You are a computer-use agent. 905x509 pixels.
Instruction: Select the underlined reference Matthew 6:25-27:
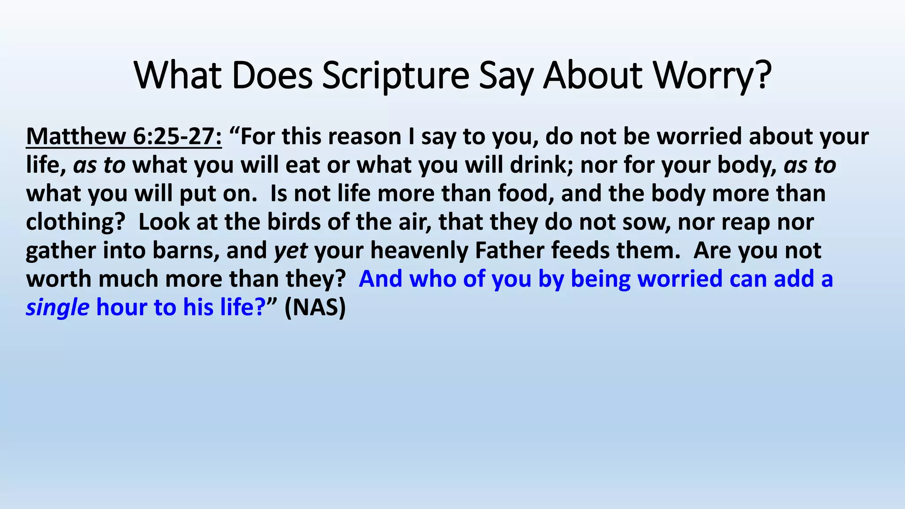tap(124, 137)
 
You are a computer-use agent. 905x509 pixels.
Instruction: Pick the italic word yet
tap(290, 251)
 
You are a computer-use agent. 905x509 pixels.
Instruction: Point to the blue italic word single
tap(57, 308)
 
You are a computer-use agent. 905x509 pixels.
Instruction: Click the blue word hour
tap(121, 308)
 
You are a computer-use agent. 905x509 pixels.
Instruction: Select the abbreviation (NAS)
tap(315, 308)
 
